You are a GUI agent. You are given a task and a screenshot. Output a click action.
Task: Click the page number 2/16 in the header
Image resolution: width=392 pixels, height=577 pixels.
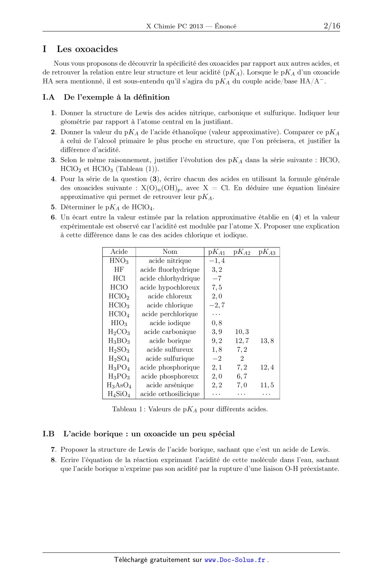click(332, 26)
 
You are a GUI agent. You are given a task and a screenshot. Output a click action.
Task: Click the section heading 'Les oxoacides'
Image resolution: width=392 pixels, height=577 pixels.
click(87, 49)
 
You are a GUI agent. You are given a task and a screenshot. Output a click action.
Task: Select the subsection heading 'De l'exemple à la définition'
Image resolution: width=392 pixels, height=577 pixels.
click(116, 97)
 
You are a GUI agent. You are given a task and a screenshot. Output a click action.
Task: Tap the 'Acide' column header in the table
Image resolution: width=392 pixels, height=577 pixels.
click(119, 252)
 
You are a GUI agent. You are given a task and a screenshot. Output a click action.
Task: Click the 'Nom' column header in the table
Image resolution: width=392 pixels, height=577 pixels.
click(170, 252)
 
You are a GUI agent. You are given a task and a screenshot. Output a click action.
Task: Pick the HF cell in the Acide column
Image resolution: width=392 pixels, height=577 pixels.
click(119, 269)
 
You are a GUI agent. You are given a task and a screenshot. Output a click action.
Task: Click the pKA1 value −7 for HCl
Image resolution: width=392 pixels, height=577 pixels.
click(217, 278)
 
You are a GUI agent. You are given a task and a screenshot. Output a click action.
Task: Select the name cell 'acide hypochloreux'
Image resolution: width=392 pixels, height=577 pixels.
click(170, 287)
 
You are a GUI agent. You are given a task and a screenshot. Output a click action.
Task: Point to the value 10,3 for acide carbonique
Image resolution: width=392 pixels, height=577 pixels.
click(242, 332)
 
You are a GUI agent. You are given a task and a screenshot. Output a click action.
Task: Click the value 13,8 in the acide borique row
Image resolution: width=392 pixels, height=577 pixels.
click(267, 341)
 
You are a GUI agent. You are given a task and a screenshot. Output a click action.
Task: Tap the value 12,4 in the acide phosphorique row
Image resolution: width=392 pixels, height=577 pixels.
click(267, 368)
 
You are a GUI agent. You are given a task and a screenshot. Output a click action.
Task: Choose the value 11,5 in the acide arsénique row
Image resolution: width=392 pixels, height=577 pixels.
click(267, 385)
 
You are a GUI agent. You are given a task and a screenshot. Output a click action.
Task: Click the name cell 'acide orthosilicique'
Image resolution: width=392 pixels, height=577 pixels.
click(170, 394)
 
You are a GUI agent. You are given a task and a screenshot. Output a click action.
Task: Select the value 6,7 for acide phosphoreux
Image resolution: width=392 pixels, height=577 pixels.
click(242, 376)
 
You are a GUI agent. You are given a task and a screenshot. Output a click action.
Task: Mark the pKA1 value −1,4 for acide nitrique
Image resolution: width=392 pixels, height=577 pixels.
click(217, 261)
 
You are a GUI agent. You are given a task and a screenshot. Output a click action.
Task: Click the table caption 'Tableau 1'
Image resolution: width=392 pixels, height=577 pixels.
click(128, 409)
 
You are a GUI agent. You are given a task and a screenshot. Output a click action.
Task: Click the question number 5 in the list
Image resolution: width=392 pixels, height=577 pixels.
click(53, 207)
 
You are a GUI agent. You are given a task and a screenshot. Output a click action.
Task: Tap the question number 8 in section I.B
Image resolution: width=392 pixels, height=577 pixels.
click(53, 460)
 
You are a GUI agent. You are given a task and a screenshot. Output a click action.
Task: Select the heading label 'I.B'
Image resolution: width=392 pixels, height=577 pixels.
click(48, 434)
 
